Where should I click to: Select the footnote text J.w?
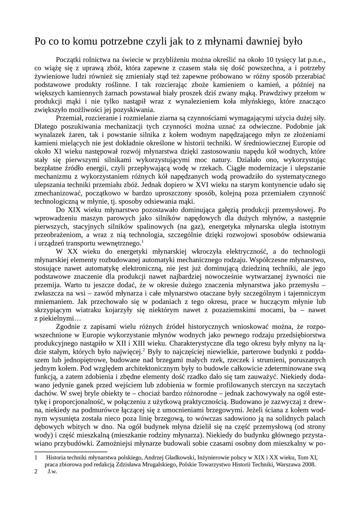pos(52,472)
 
